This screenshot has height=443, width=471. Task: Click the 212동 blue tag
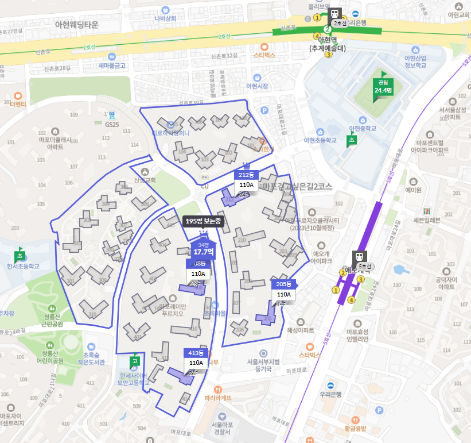click(247, 175)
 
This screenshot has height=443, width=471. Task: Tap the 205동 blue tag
click(283, 284)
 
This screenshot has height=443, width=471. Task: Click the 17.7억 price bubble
click(203, 252)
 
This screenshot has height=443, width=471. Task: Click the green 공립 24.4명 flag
click(383, 86)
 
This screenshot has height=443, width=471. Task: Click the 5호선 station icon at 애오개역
click(359, 257)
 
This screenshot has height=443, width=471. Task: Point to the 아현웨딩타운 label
click(77, 25)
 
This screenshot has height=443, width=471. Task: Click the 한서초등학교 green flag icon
click(20, 256)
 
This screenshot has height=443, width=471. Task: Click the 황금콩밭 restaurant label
click(356, 428)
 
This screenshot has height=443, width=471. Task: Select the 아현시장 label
click(257, 86)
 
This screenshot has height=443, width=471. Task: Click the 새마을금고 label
click(112, 66)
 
